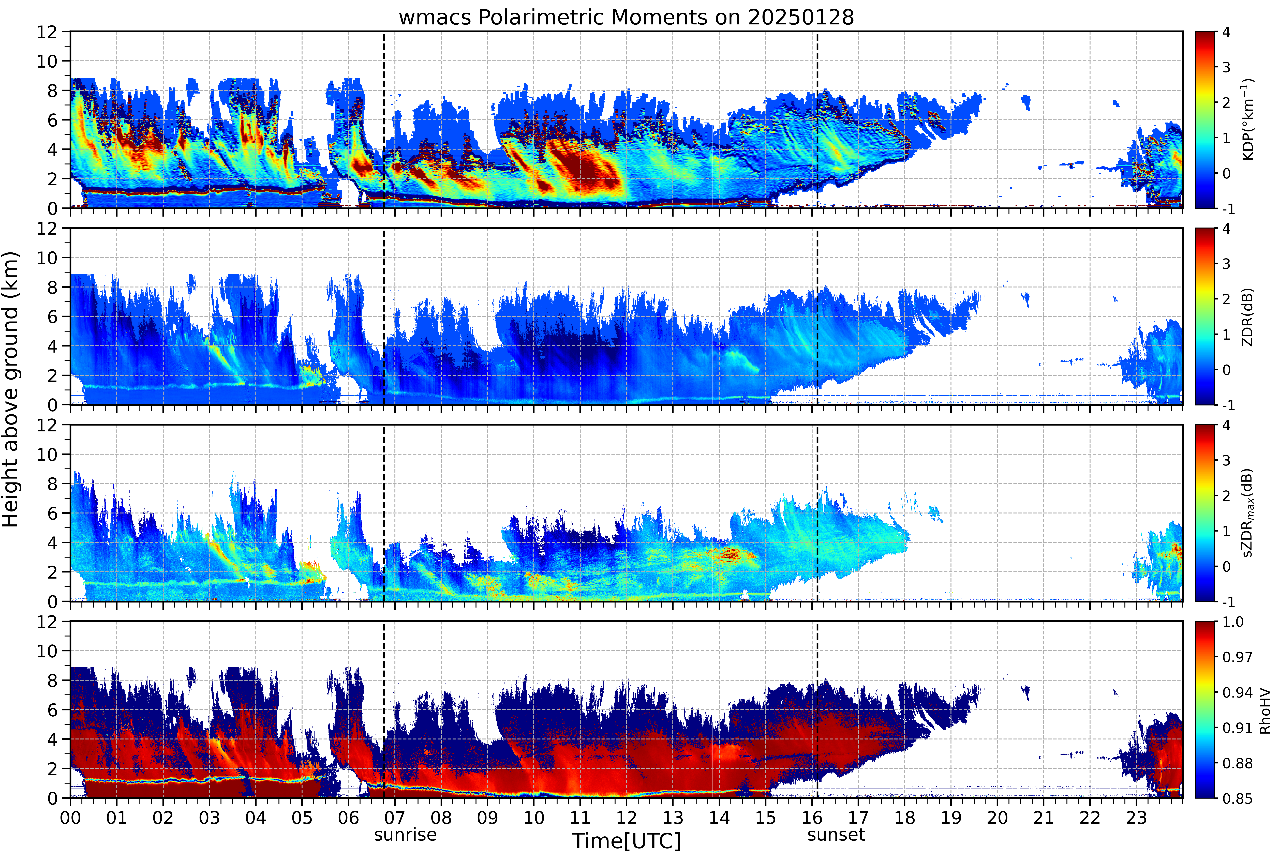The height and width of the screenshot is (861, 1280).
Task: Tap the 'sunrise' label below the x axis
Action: (x=405, y=835)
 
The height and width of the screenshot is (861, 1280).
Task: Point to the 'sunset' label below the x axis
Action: (x=836, y=835)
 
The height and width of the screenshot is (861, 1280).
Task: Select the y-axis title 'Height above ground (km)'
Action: (x=11, y=389)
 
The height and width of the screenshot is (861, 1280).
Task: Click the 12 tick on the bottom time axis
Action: (x=626, y=818)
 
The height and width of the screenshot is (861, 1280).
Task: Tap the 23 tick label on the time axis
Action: (x=1136, y=818)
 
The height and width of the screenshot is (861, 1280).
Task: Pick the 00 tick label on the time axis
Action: (x=70, y=818)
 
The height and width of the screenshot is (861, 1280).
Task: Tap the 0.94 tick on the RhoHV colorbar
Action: (x=1237, y=692)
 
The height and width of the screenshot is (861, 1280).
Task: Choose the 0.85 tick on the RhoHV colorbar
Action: (x=1237, y=798)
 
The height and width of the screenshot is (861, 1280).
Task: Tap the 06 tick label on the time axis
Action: (x=348, y=818)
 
